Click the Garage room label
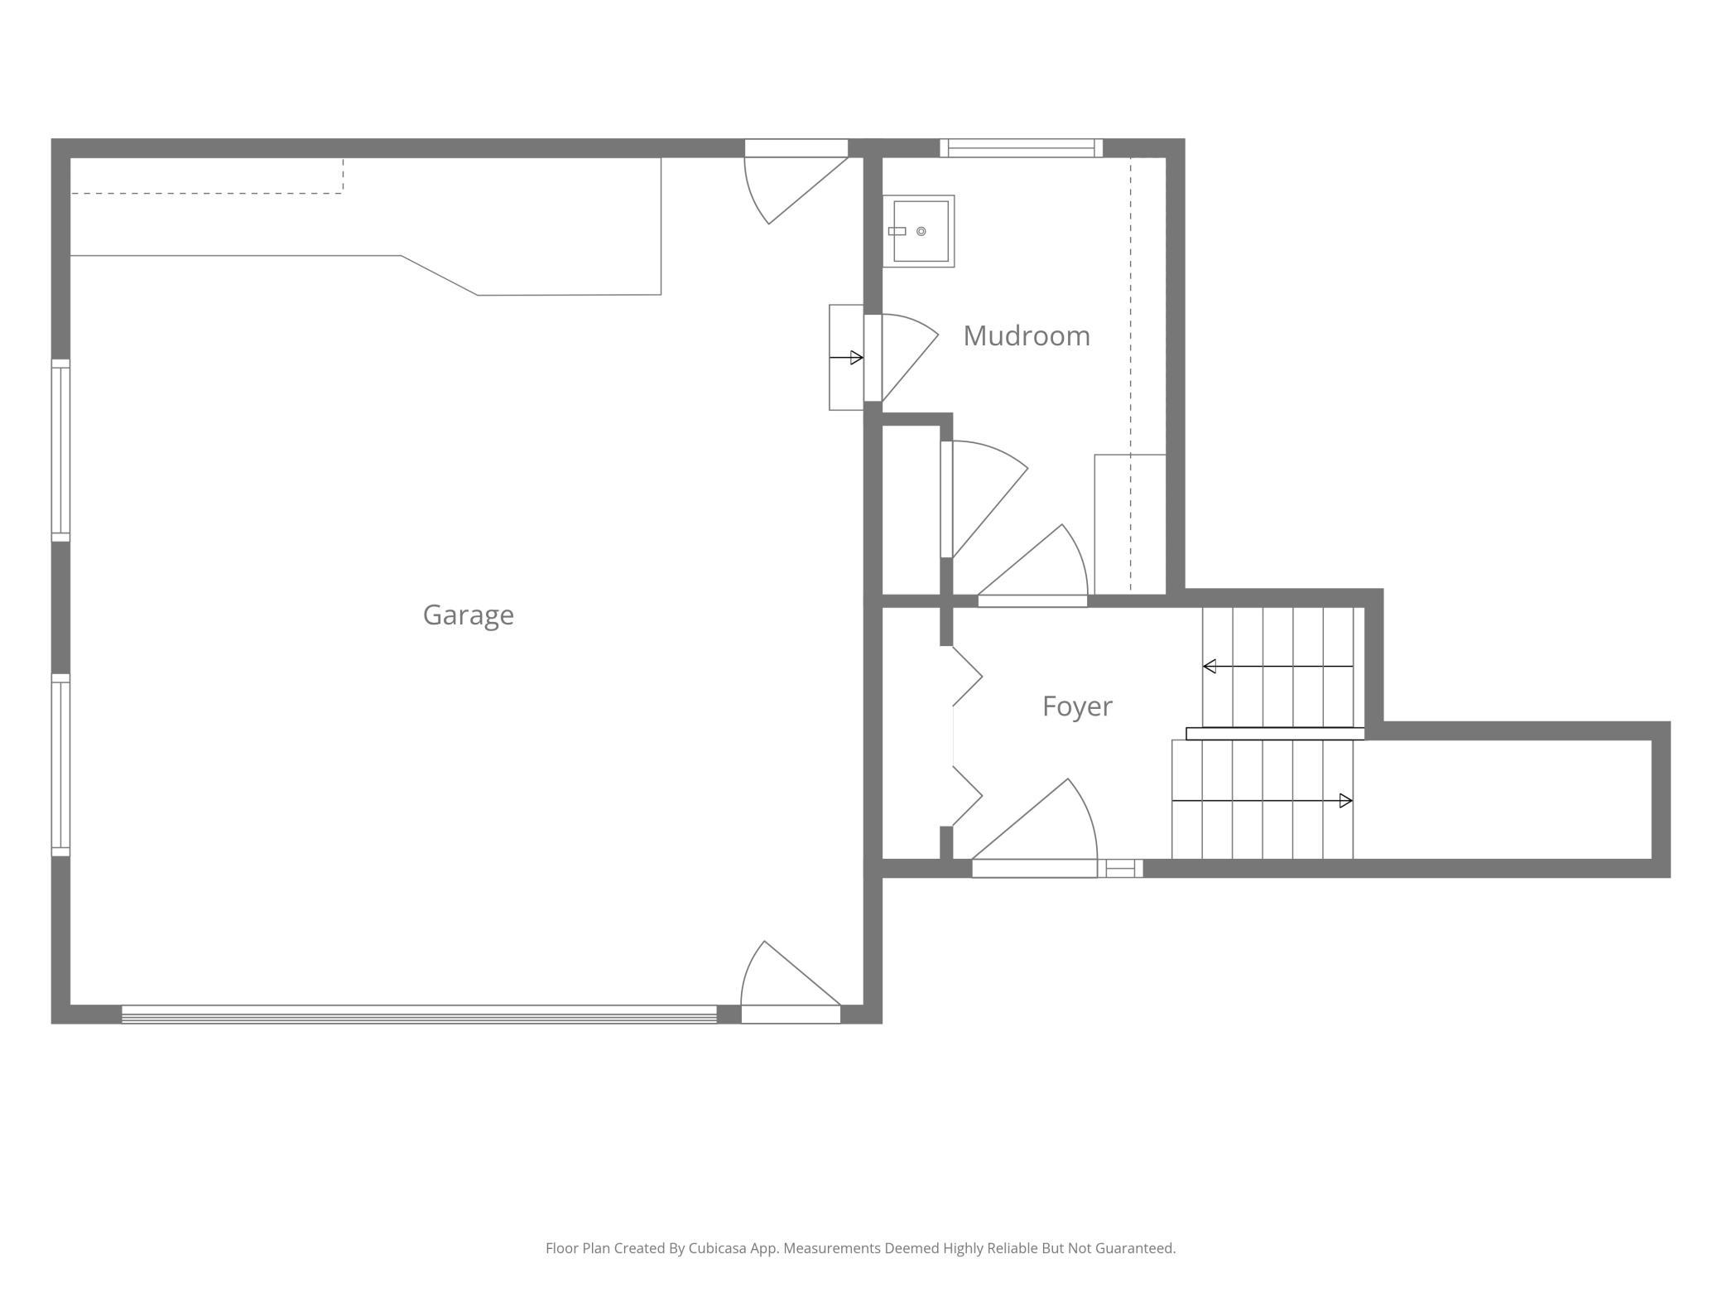(x=468, y=615)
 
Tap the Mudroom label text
(x=1027, y=335)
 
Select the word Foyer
(x=1077, y=706)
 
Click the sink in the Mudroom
(x=919, y=231)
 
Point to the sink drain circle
(x=921, y=231)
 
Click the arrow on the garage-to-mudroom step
(x=846, y=358)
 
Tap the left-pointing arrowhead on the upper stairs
(x=1209, y=666)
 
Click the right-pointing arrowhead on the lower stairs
(x=1345, y=801)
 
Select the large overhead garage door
(x=419, y=1015)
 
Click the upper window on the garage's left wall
(x=60, y=451)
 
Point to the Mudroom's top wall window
(x=1021, y=148)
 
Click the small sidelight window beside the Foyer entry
(x=1120, y=869)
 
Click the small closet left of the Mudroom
(x=911, y=509)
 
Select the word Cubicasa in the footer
(x=718, y=1248)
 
